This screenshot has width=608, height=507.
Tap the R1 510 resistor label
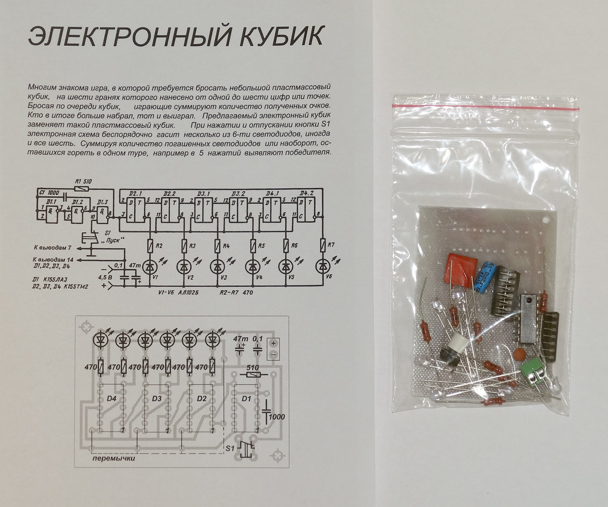click(83, 182)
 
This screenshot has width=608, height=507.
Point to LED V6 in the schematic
click(322, 265)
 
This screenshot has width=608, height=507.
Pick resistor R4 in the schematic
click(217, 246)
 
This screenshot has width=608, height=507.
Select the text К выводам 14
click(53, 260)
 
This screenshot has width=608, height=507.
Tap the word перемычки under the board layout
click(114, 458)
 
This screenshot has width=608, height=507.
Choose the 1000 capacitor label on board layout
click(276, 417)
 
